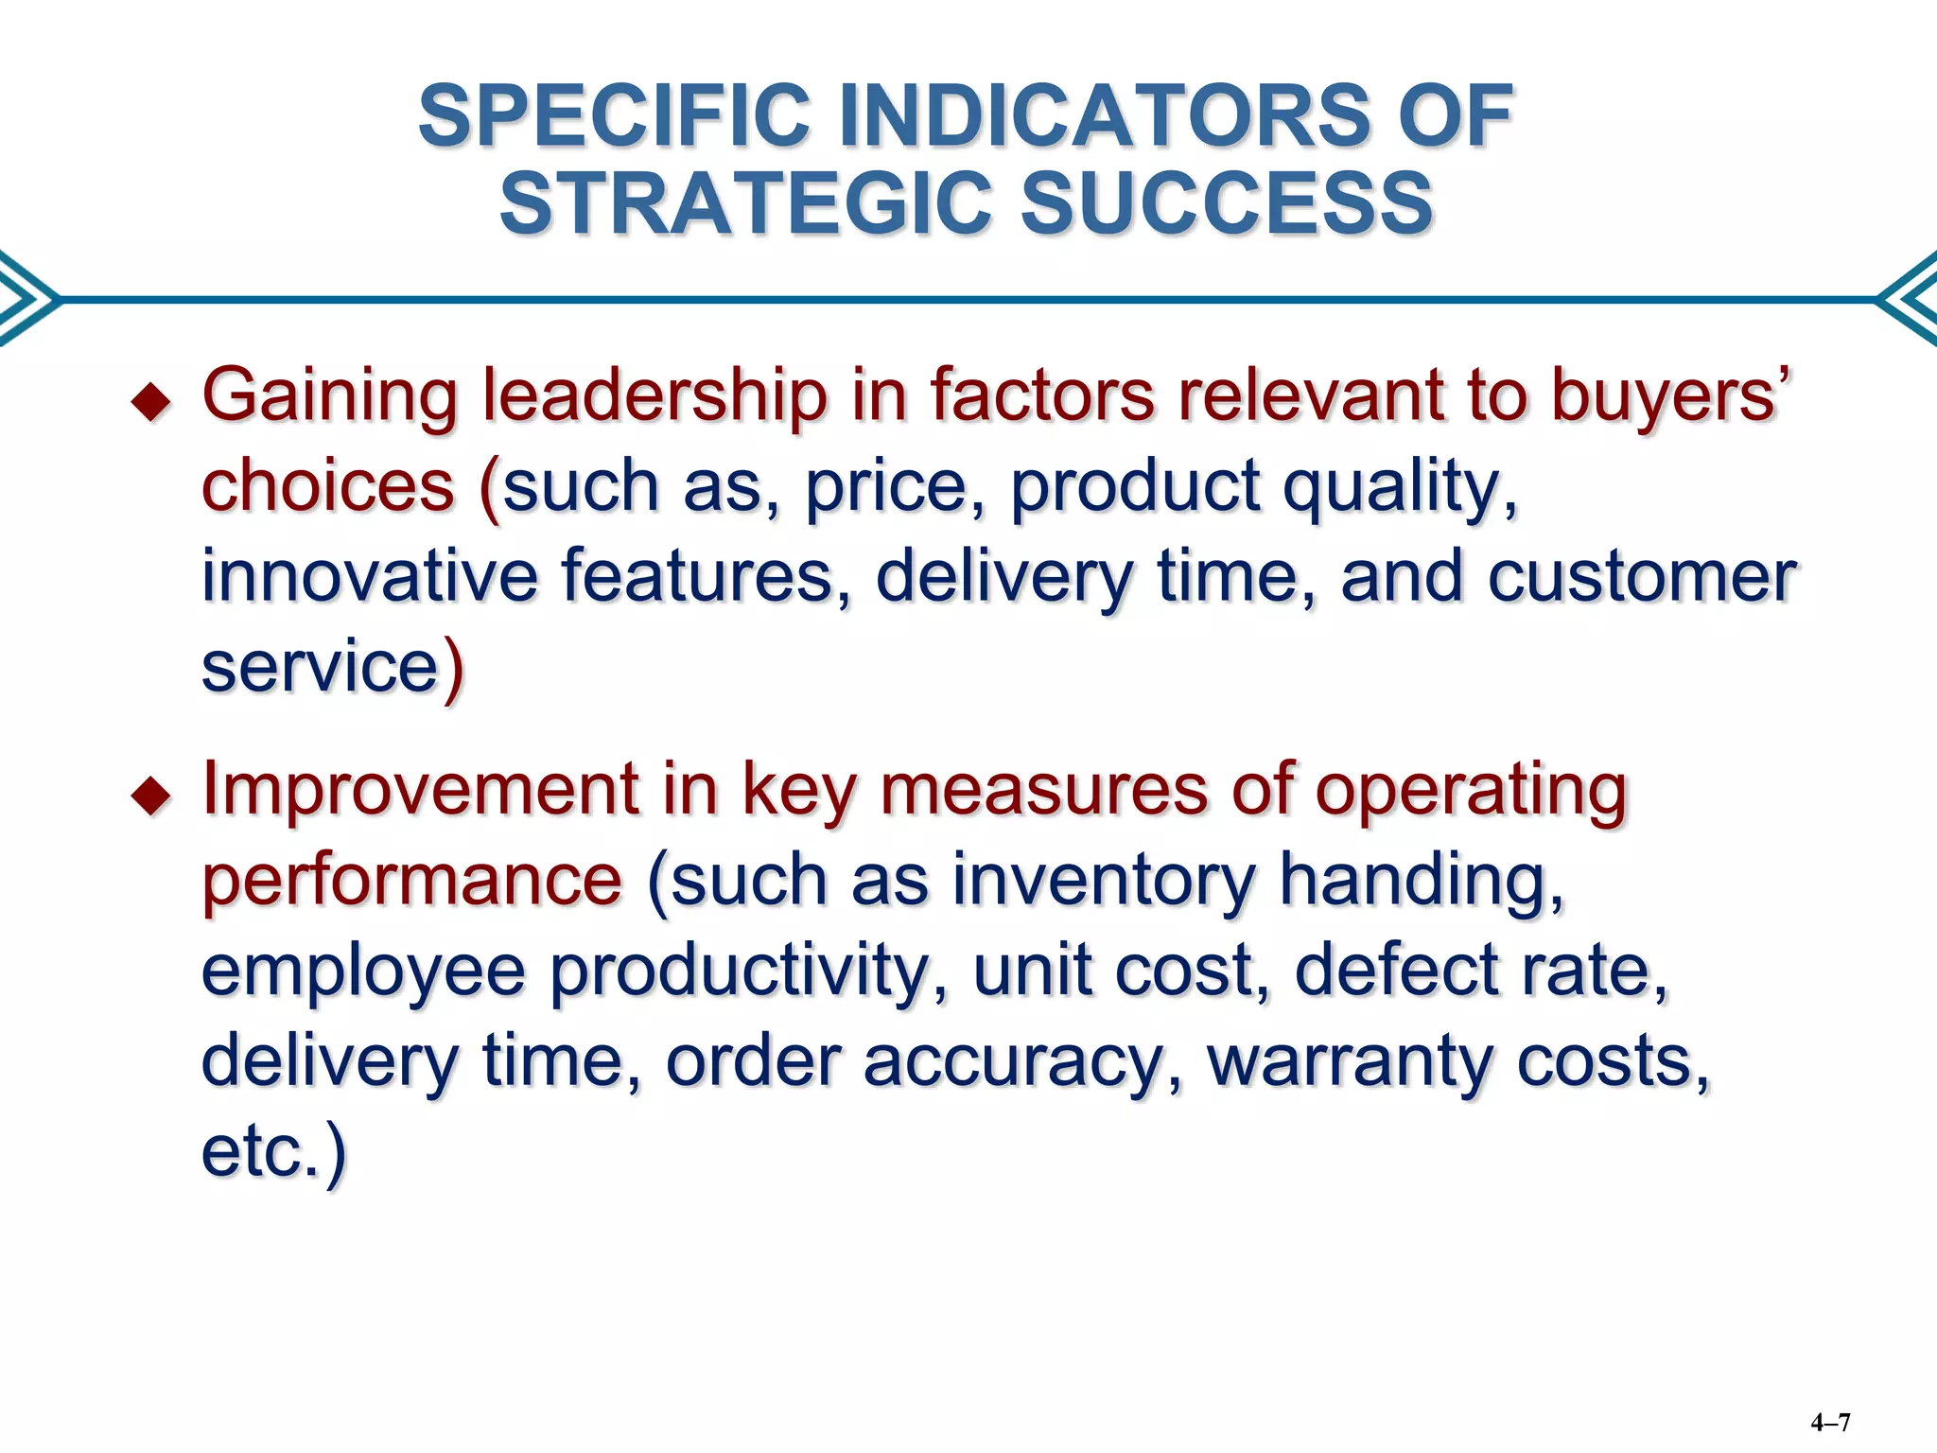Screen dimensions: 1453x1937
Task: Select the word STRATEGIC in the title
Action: (x=746, y=203)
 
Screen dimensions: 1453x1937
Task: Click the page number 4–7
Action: (x=1830, y=1422)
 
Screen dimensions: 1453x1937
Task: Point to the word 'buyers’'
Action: (x=1670, y=395)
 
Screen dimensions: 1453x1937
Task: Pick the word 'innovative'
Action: (x=370, y=576)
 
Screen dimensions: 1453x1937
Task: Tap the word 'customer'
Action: (x=1642, y=576)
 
